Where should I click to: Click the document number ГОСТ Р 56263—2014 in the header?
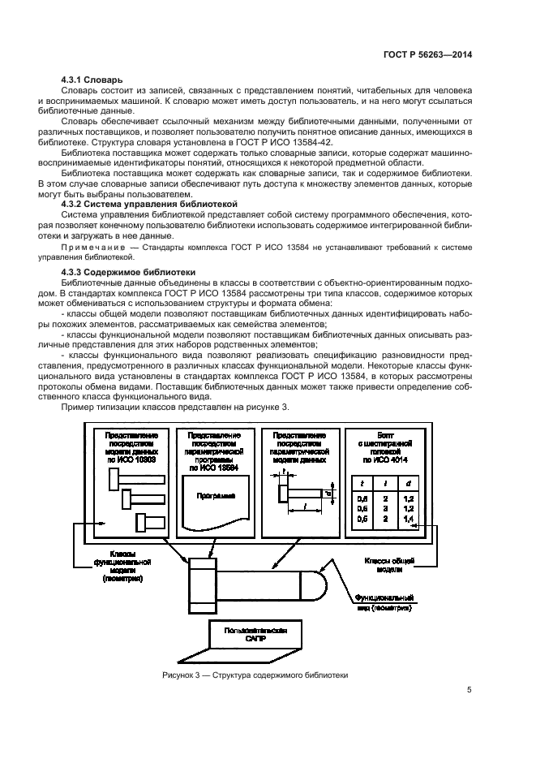pyautogui.click(x=427, y=54)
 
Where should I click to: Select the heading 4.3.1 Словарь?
pyautogui.click(x=92, y=80)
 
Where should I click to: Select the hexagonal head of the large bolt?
pyautogui.click(x=203, y=586)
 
